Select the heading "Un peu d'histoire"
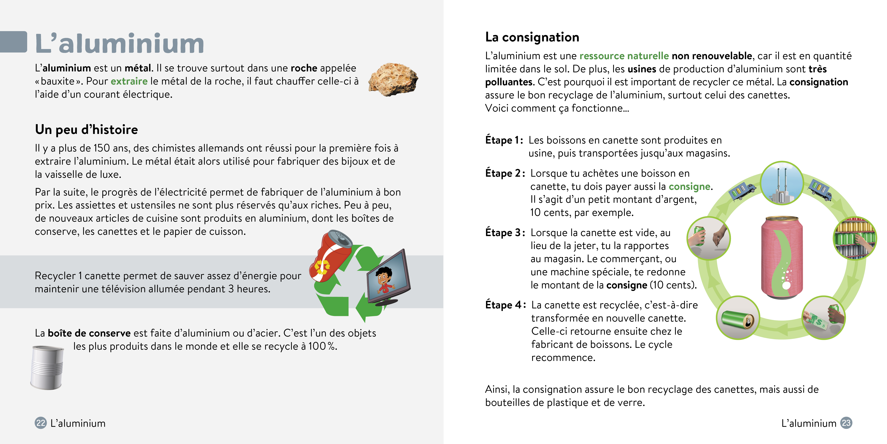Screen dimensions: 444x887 (86, 130)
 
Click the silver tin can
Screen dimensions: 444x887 (47, 367)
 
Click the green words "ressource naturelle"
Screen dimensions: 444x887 (624, 56)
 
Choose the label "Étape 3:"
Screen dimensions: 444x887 (505, 233)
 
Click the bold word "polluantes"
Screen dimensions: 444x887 (509, 82)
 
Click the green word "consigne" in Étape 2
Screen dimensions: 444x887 (689, 186)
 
